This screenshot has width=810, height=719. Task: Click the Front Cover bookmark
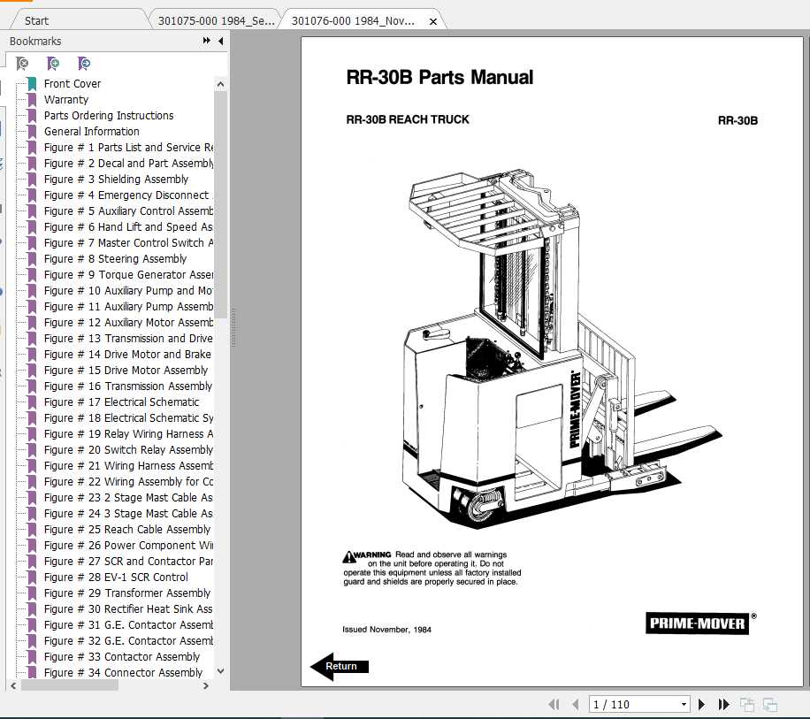(72, 84)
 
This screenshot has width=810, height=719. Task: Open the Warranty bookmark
(65, 100)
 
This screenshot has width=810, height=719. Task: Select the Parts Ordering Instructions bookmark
(108, 116)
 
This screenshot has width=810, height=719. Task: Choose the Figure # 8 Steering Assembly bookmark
(115, 259)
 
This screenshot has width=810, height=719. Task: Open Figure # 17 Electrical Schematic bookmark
(121, 402)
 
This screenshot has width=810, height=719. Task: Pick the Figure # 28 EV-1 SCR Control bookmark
(116, 577)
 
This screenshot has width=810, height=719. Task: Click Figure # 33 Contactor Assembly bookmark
(122, 657)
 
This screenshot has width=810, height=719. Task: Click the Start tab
(37, 20)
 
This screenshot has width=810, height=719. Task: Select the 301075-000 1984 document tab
(216, 20)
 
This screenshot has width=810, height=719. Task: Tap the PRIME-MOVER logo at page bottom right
(697, 623)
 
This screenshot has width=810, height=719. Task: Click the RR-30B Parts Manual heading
(439, 78)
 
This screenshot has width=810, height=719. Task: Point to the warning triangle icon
(349, 555)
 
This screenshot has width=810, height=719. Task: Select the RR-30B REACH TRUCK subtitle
(408, 119)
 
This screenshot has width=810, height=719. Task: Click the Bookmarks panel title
(35, 42)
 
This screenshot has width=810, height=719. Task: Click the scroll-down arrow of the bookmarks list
(220, 672)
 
